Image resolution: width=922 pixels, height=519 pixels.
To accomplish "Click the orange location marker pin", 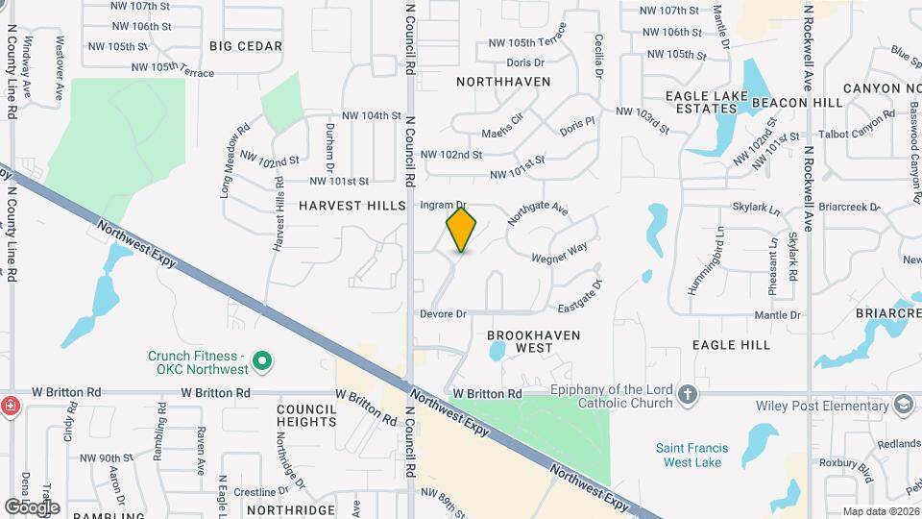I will [461, 229].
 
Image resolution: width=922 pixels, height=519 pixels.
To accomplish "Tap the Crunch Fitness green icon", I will [260, 362].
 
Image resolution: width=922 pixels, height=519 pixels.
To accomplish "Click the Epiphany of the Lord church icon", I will [687, 394].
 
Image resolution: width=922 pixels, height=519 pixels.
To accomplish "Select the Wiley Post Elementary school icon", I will [903, 404].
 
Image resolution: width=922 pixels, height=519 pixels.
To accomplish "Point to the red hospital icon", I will [11, 405].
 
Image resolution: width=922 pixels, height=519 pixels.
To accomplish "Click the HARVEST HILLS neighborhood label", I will [345, 206].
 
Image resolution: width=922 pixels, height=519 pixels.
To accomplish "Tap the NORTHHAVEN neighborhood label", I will [503, 82].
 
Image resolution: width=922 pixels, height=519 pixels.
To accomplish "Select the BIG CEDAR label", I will [246, 46].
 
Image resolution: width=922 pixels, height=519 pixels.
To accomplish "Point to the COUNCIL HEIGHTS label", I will [306, 415].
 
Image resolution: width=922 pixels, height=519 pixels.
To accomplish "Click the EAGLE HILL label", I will [731, 344].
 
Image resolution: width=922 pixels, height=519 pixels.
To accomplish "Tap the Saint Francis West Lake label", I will [691, 455].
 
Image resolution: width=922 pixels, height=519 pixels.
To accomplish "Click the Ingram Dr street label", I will [443, 206].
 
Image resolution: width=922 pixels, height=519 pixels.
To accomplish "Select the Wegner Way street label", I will [559, 254].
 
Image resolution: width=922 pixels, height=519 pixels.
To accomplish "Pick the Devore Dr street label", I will [443, 314].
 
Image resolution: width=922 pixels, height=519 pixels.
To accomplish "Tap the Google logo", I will [32, 507].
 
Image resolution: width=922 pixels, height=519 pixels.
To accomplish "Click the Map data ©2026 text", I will [882, 511].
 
